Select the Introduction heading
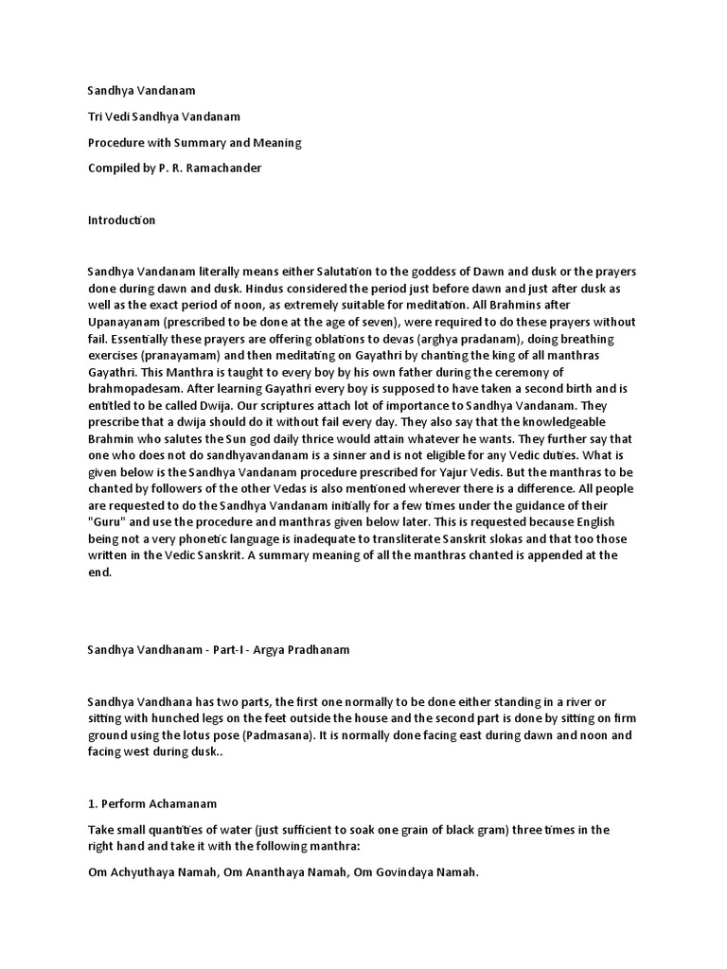121,220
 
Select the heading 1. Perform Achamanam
152,803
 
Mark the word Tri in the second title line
95,116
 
